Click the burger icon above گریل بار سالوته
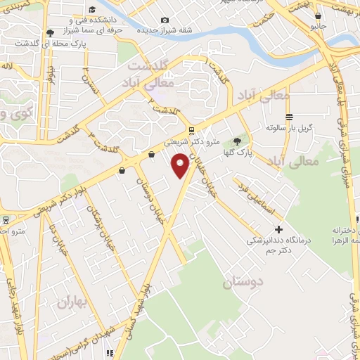pos(289,117)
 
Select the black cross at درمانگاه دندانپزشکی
pos(279,230)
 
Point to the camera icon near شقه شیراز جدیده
pos(165,20)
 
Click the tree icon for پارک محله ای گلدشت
pos(49,32)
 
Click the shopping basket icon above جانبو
pos(319,15)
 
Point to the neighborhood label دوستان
pos(243,283)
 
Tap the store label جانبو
pos(318,27)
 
